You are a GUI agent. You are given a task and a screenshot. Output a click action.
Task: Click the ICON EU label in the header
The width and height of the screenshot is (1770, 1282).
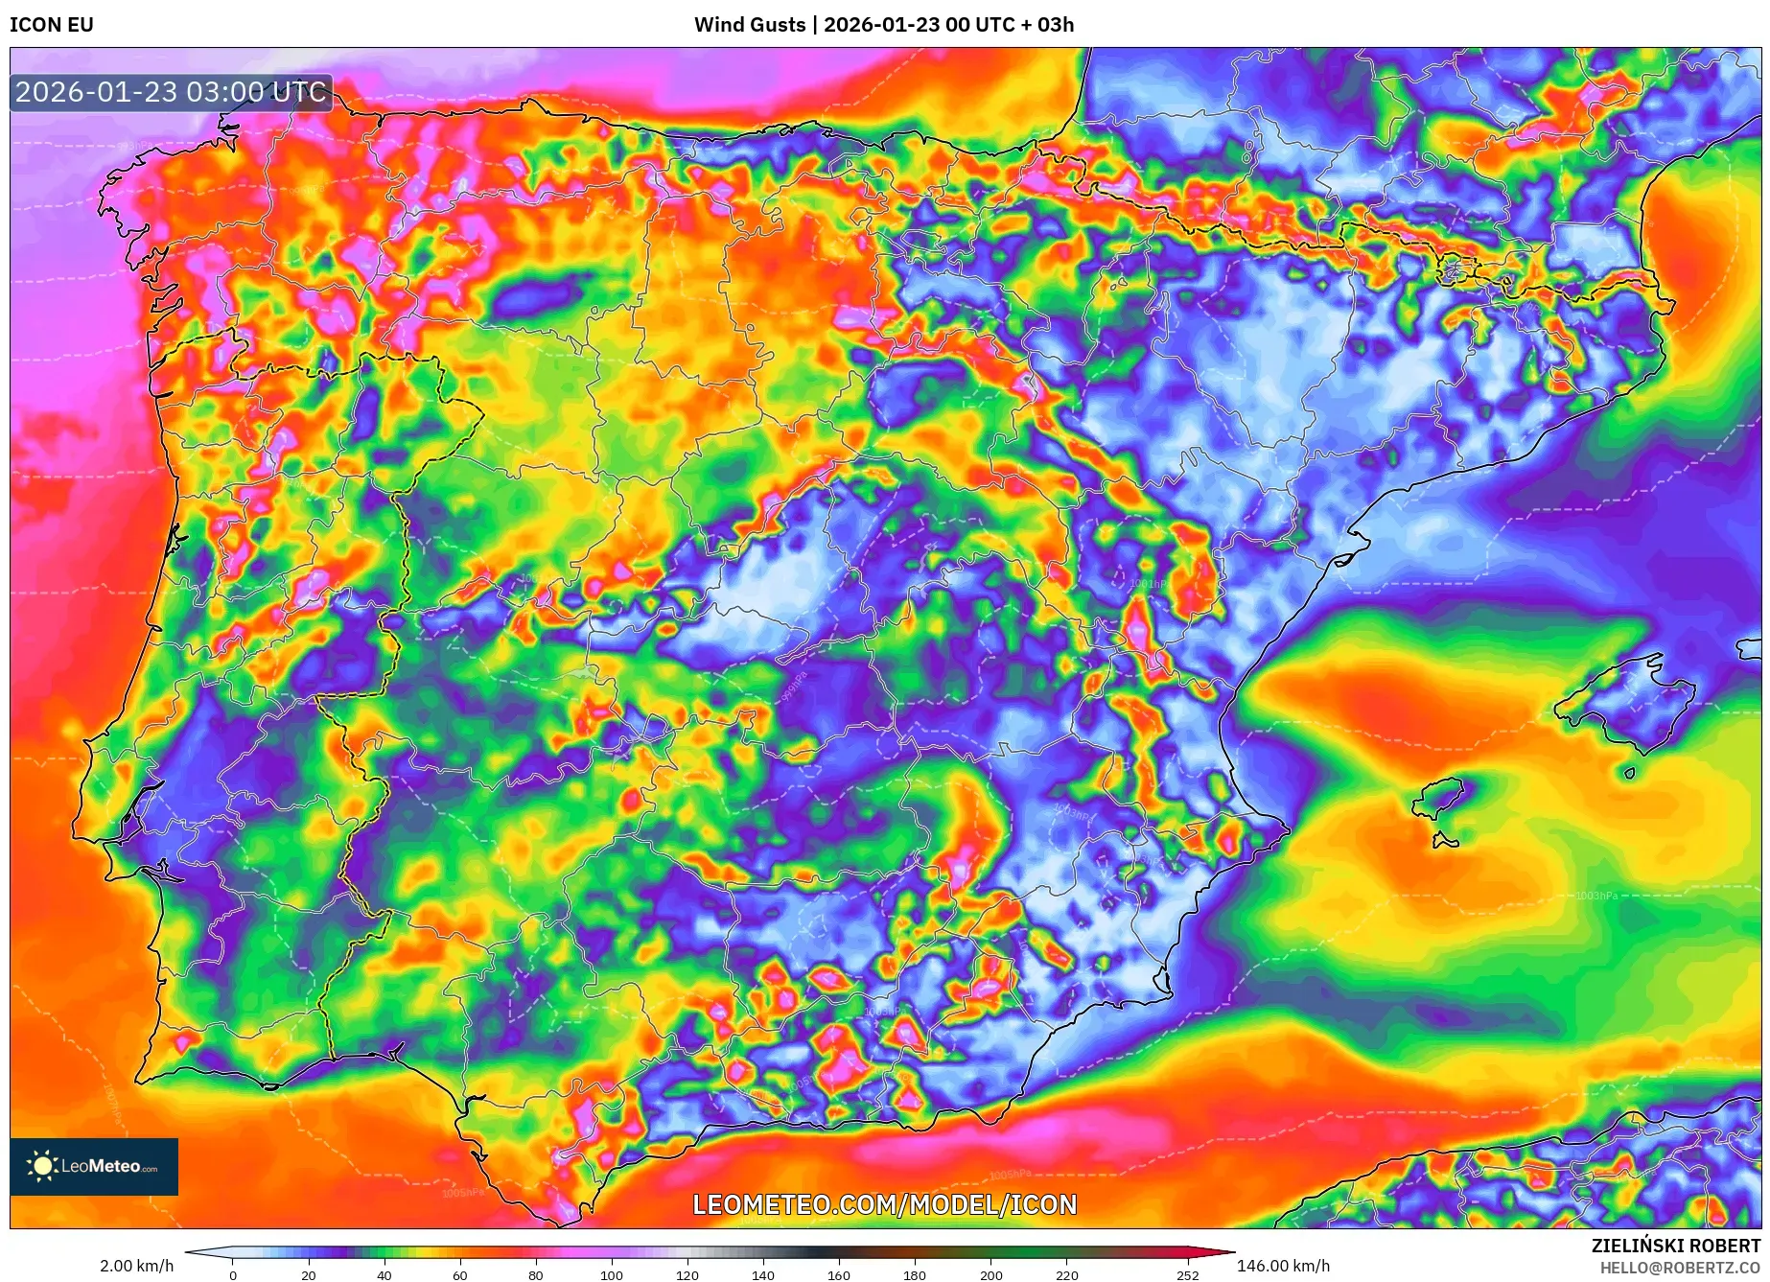pyautogui.click(x=52, y=25)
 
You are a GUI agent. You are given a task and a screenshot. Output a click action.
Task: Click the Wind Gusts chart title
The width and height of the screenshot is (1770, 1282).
pyautogui.click(x=884, y=25)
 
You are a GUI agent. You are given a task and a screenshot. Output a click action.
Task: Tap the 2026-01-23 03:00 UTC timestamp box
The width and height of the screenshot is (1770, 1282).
pyautogui.click(x=172, y=93)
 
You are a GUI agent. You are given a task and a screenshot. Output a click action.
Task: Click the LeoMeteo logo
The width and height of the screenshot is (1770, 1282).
pyautogui.click(x=94, y=1166)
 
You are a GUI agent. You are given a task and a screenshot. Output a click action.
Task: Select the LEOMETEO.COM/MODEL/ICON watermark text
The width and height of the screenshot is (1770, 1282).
pyautogui.click(x=884, y=1204)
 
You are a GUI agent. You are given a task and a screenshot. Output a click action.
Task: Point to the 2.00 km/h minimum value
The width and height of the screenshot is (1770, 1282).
pyautogui.click(x=136, y=1266)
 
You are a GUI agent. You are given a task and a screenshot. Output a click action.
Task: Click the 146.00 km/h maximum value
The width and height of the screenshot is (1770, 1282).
pyautogui.click(x=1283, y=1266)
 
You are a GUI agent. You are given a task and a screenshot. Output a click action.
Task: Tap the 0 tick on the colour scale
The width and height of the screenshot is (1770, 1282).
pyautogui.click(x=233, y=1275)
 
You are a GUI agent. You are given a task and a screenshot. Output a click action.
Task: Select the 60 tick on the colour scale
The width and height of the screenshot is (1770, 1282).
pyautogui.click(x=460, y=1275)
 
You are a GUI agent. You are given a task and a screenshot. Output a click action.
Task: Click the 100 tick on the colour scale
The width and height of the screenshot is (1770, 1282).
pyautogui.click(x=612, y=1275)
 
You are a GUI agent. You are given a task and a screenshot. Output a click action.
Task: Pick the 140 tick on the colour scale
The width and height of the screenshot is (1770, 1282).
pyautogui.click(x=763, y=1275)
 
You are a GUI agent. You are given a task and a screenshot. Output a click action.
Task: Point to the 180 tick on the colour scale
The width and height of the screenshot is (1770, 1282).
pyautogui.click(x=915, y=1275)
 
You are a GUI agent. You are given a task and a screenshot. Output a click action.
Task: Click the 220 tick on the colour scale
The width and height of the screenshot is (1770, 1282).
pyautogui.click(x=1067, y=1275)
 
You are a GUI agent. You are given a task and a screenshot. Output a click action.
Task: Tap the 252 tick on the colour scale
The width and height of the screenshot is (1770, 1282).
pyautogui.click(x=1188, y=1275)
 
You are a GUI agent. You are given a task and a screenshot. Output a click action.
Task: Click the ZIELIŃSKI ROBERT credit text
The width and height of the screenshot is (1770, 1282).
pyautogui.click(x=1676, y=1246)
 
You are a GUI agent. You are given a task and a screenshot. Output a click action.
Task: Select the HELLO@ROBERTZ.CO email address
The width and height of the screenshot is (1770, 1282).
pyautogui.click(x=1680, y=1268)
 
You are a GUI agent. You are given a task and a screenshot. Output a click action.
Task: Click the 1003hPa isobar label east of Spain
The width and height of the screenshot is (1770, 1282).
pyautogui.click(x=1595, y=896)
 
